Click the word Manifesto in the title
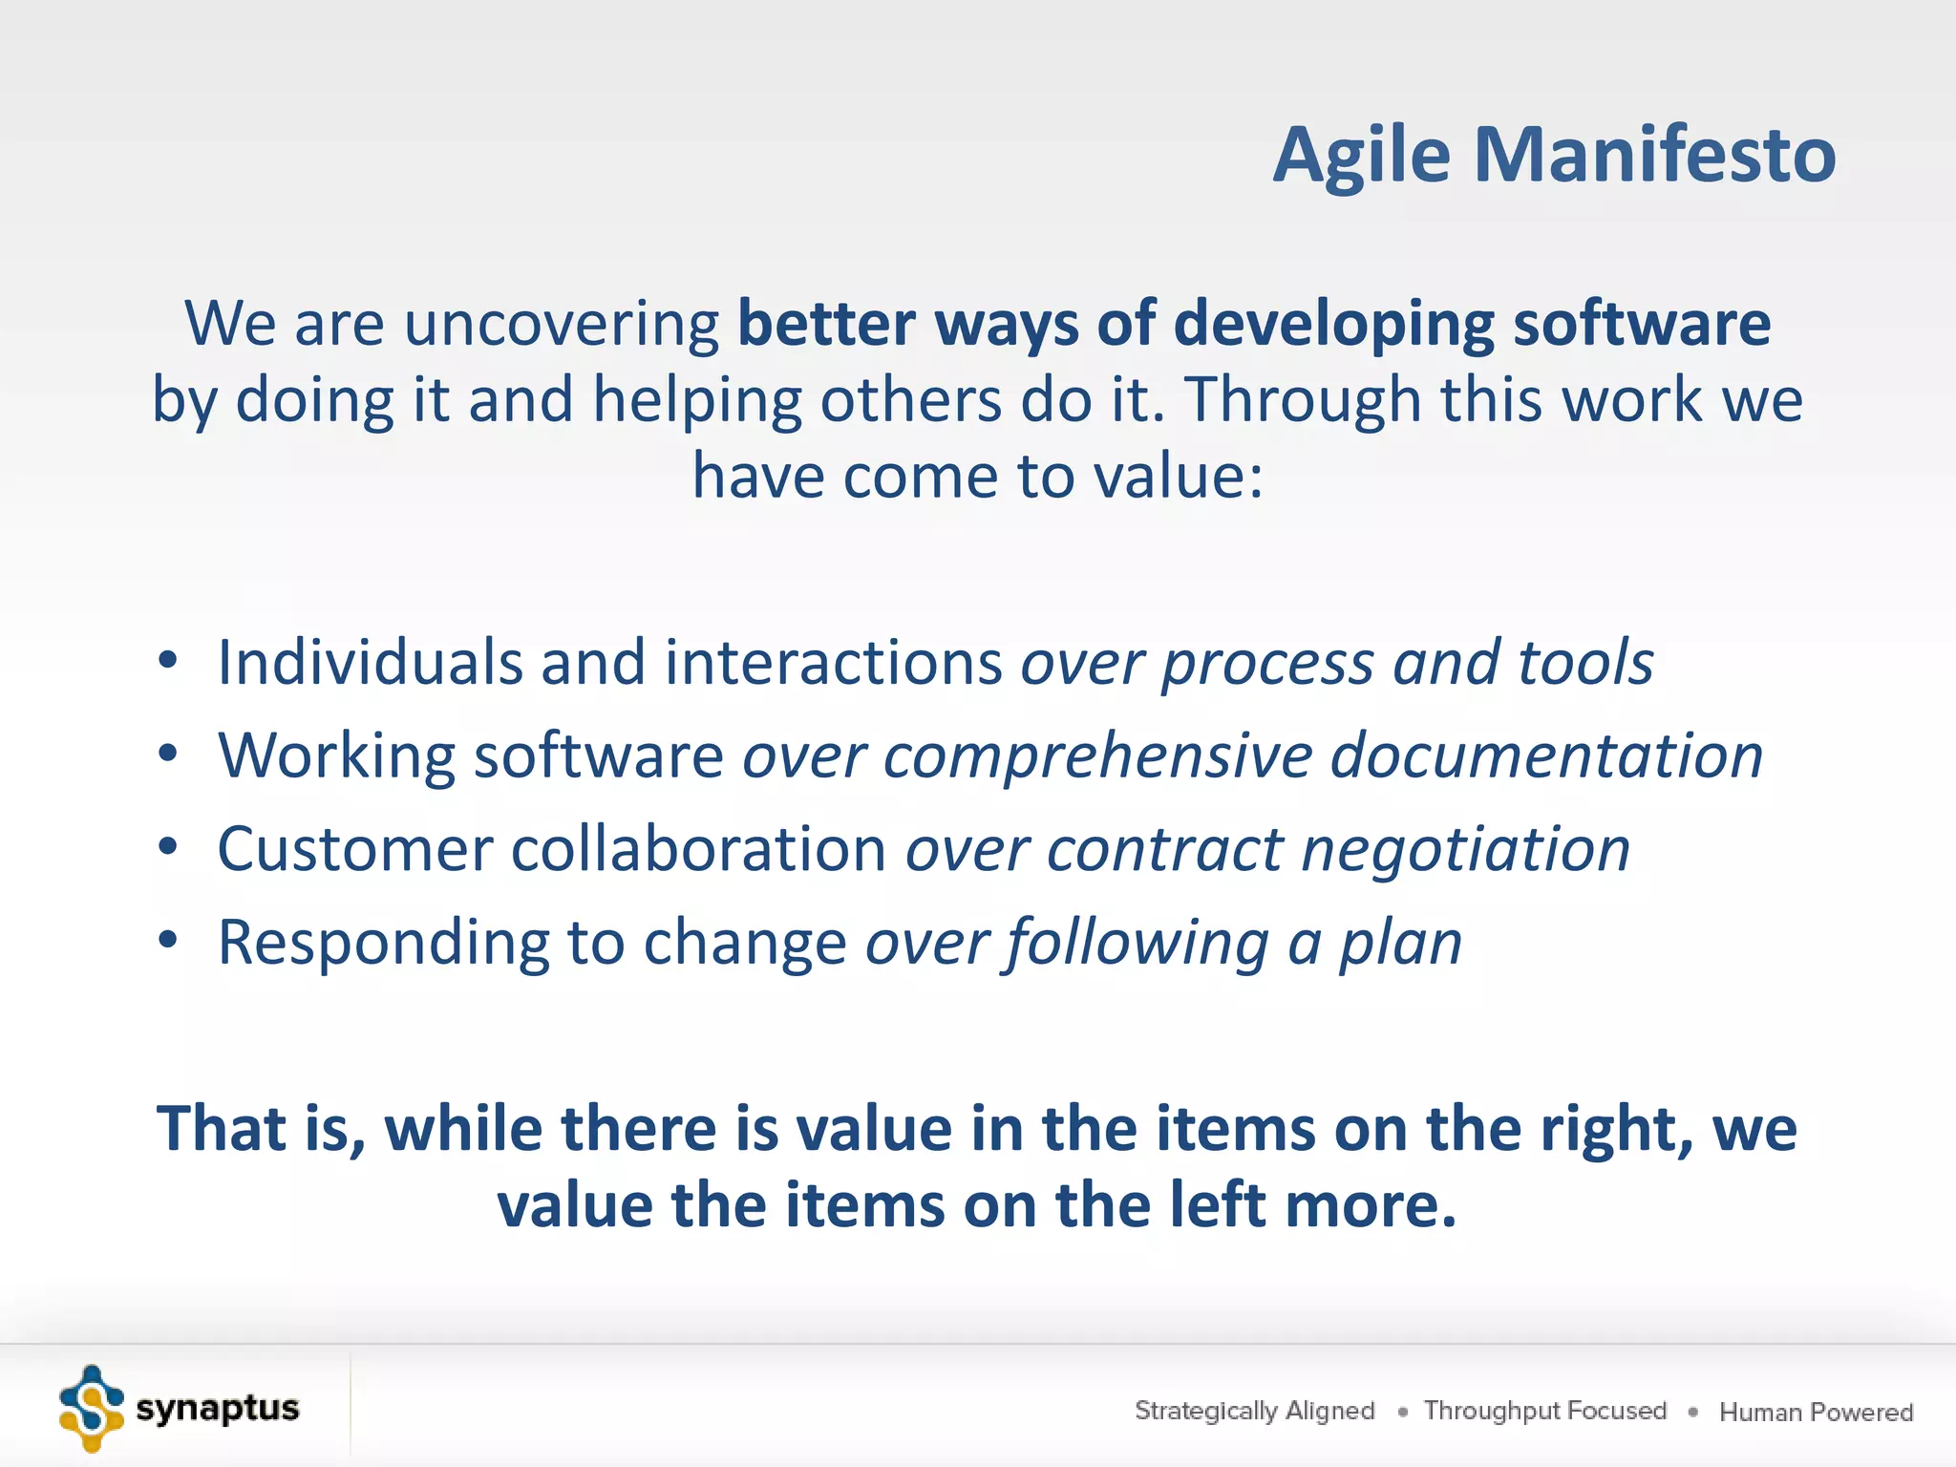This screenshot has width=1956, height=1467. tap(1654, 155)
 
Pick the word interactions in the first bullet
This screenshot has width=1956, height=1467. tap(833, 662)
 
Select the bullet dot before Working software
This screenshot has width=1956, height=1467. tap(168, 754)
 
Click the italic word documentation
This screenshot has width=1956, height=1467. tap(1546, 755)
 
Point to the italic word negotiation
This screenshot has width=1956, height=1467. tap(1466, 850)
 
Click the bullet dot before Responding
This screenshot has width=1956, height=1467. tap(168, 940)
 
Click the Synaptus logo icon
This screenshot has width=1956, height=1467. tap(91, 1409)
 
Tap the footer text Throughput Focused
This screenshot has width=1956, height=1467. tap(1544, 1411)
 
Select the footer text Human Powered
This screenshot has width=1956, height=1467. tap(1816, 1412)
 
